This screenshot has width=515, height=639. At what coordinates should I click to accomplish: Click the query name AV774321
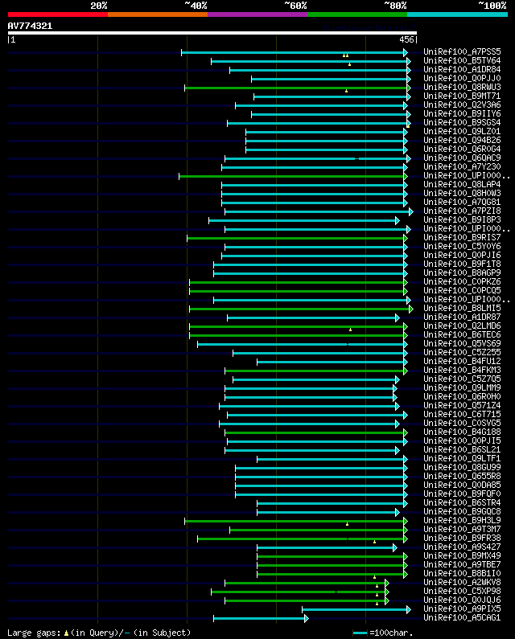[x=31, y=26]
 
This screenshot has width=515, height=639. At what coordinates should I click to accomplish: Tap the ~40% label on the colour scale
[x=196, y=6]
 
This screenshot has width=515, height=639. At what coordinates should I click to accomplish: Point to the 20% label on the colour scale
[x=99, y=6]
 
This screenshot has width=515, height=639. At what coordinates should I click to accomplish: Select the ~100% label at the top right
[x=492, y=6]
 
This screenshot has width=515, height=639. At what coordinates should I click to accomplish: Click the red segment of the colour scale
[x=57, y=14]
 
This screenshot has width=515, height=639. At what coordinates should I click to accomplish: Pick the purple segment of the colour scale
[x=257, y=14]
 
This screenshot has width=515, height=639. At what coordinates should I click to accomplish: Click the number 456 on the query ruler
[x=406, y=39]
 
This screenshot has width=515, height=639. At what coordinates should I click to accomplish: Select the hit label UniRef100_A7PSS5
[x=462, y=52]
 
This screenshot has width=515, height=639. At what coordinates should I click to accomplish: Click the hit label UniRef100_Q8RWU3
[x=462, y=88]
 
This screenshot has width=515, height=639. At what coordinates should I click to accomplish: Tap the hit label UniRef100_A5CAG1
[x=462, y=618]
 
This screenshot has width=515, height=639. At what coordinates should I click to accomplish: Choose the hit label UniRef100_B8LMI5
[x=462, y=309]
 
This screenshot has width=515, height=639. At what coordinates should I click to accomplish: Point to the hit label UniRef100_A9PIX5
[x=462, y=609]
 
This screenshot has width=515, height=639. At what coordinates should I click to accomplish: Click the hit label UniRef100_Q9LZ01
[x=462, y=132]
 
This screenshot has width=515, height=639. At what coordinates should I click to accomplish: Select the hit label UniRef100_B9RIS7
[x=462, y=238]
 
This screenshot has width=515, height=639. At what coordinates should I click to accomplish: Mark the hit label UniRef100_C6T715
[x=462, y=415]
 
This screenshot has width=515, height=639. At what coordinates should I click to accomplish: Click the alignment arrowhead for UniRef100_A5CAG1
[x=306, y=618]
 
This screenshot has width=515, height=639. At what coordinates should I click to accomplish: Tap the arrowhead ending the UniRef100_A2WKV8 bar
[x=386, y=583]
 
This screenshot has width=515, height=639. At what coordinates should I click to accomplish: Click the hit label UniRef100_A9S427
[x=462, y=547]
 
